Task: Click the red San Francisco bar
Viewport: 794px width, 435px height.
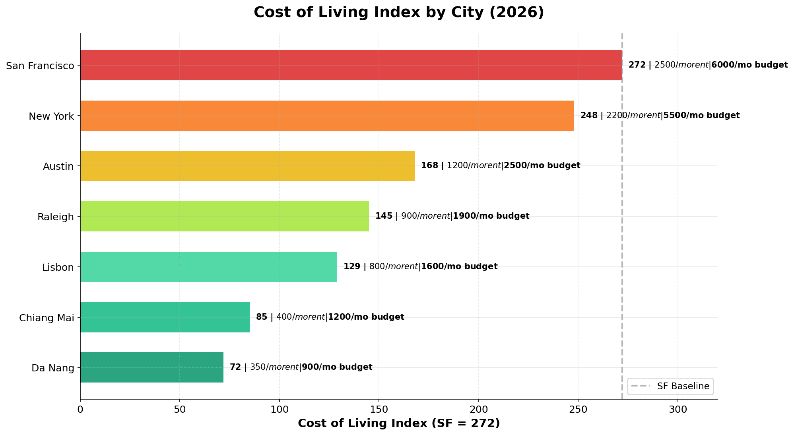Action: pos(351,65)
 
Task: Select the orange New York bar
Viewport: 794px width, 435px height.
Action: pos(327,116)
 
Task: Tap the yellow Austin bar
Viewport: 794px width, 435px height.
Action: pos(247,166)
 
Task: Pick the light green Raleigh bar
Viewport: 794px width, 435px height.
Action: pos(225,216)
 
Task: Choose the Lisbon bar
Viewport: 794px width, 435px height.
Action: pos(209,267)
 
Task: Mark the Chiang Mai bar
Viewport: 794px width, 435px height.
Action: pos(165,317)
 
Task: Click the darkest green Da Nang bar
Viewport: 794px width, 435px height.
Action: pos(152,367)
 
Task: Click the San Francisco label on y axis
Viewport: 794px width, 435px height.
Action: pos(40,66)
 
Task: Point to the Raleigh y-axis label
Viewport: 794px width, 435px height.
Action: pos(56,217)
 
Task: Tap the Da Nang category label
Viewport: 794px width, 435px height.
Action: pos(53,368)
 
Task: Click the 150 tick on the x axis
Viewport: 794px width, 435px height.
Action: pos(379,409)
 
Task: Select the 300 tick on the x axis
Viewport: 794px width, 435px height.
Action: pos(678,409)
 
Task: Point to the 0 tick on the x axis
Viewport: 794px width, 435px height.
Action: pos(80,409)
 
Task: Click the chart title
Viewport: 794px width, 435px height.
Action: pos(399,12)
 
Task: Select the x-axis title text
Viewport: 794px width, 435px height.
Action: pos(399,423)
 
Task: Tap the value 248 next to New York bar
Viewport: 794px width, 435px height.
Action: pos(588,116)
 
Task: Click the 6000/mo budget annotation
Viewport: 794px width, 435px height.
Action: pos(749,65)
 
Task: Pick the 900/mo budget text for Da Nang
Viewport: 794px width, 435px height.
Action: pos(337,367)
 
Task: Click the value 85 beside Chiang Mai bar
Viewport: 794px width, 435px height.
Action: pos(262,317)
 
